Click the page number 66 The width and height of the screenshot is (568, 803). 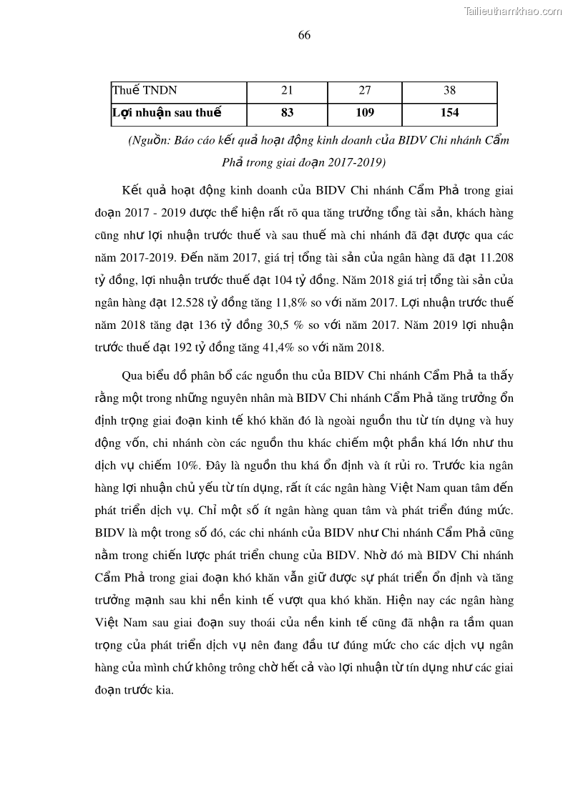click(x=304, y=36)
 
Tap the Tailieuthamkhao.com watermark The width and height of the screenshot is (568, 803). click(x=513, y=11)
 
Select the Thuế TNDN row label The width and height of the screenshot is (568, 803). click(x=145, y=91)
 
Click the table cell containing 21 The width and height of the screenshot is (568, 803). click(x=288, y=91)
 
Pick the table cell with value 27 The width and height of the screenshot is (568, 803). click(x=365, y=91)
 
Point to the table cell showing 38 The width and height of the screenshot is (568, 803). click(x=449, y=91)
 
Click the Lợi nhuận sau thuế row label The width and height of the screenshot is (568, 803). click(x=167, y=112)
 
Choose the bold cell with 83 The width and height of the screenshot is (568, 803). click(x=288, y=112)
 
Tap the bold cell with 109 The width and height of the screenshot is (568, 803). click(x=365, y=112)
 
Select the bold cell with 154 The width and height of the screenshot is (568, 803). click(x=449, y=112)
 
